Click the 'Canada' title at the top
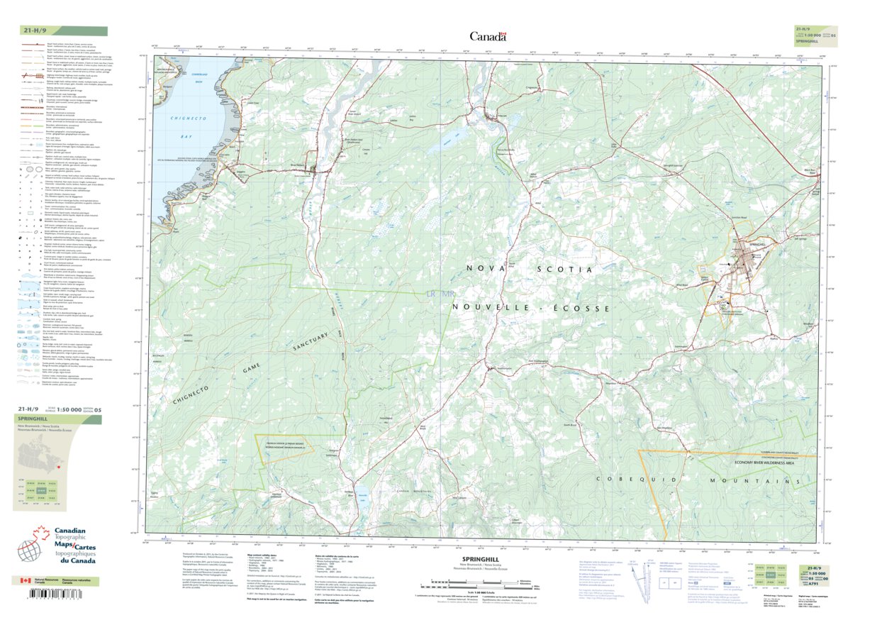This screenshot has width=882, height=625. [x=488, y=36]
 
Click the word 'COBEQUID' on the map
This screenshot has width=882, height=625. [x=621, y=480]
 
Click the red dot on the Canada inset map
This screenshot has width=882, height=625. [x=56, y=467]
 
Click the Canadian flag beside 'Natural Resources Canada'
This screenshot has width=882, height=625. [x=24, y=580]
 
